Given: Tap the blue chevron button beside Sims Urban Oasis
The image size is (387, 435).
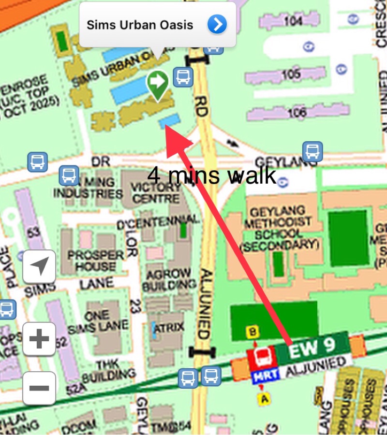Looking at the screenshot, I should pos(217,24).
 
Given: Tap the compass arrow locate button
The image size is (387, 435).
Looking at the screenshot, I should pos(39,266).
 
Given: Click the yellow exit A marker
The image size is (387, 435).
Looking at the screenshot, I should pos(264,399).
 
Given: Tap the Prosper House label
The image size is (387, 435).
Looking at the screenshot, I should pos(96,260).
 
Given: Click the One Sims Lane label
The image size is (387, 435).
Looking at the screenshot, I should pos(99,320).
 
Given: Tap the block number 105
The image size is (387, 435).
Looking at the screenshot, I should pos(291,74).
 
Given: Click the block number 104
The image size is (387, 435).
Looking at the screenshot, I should pos(293,20).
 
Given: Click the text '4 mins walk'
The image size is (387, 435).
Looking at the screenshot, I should pos(212,175).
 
